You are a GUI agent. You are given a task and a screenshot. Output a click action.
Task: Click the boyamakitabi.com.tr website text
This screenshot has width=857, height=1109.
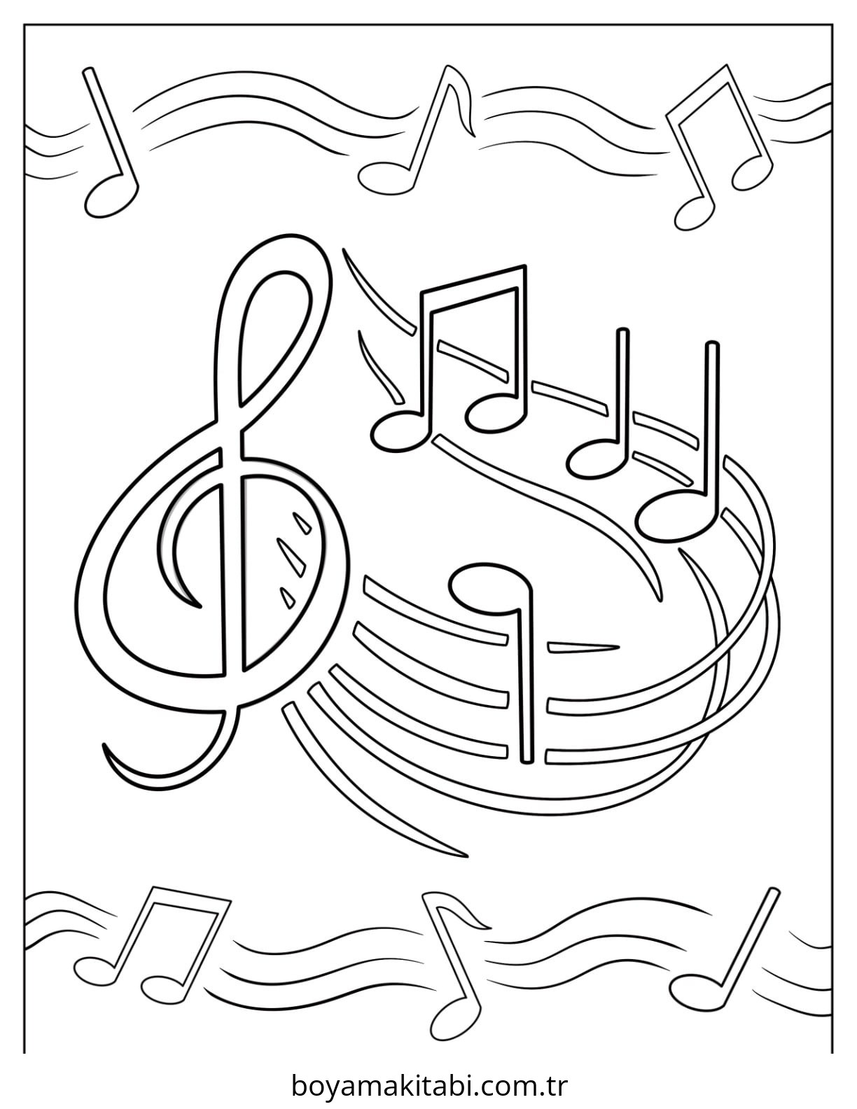428,1086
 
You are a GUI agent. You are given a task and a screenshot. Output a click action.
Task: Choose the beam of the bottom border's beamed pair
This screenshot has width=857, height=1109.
190,899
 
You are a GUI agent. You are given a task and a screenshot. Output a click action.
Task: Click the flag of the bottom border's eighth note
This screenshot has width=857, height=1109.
459,918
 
